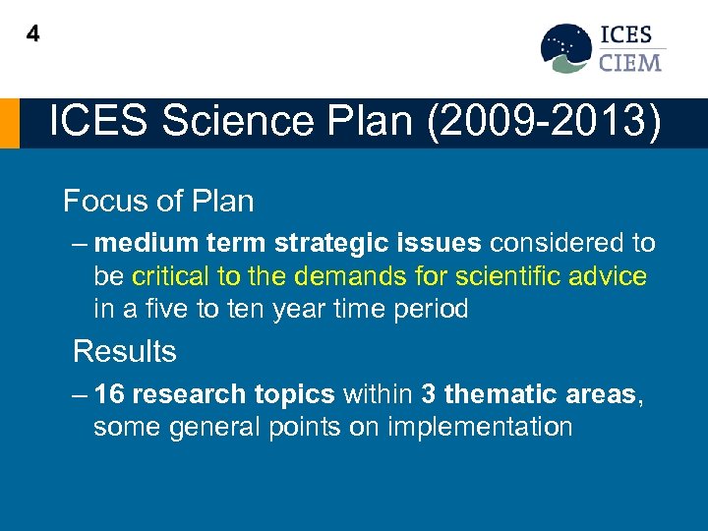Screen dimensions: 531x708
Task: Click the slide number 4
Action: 33,34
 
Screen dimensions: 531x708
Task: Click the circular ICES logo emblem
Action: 565,48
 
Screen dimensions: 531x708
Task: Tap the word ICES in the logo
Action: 627,35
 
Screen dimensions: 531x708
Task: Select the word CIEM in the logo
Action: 630,62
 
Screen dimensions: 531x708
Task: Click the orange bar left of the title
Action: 9,123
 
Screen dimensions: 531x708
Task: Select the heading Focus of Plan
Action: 158,202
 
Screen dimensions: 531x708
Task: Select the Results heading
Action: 125,351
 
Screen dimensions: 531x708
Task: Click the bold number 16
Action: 110,394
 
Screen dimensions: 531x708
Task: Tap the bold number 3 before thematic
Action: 429,394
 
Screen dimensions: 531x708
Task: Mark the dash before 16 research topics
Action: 81,394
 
